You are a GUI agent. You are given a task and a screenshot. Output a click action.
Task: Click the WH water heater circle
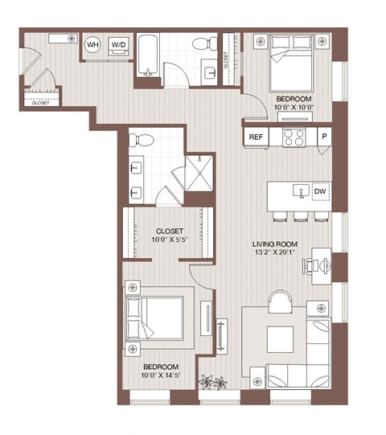tap(92, 44)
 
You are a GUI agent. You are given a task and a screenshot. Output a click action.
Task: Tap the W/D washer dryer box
tap(119, 44)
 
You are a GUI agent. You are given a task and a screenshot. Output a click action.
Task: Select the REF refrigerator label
tap(256, 137)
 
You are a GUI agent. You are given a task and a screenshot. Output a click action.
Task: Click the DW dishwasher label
tap(319, 191)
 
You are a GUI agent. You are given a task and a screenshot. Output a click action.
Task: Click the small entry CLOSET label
tap(39, 103)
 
